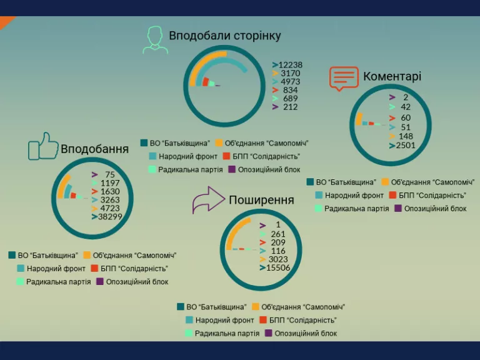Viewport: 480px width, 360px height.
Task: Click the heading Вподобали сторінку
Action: (x=225, y=36)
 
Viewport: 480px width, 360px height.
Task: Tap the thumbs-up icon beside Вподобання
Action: (x=43, y=146)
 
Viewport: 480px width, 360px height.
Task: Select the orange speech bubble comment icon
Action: (x=344, y=78)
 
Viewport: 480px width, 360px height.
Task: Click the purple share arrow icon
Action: (x=209, y=200)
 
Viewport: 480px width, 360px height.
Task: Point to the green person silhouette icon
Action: (x=156, y=40)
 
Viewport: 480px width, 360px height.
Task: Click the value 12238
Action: (x=290, y=65)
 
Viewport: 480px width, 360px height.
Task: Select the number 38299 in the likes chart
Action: (x=110, y=217)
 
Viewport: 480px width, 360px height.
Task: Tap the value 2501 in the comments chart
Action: (x=406, y=145)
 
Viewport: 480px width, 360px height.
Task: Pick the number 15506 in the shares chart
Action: (x=278, y=267)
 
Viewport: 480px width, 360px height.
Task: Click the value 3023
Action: (x=278, y=259)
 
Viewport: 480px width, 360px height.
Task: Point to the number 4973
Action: (x=290, y=82)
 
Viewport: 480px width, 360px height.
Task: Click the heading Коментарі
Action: (x=392, y=76)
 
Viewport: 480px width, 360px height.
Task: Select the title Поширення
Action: (x=261, y=200)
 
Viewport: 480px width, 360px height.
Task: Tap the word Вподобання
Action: (x=94, y=149)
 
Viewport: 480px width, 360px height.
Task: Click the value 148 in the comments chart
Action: (x=406, y=136)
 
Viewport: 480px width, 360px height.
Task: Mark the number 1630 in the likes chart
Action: (x=110, y=192)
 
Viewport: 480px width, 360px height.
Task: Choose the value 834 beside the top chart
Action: (x=290, y=90)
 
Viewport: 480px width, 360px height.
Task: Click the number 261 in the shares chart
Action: (x=278, y=234)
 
